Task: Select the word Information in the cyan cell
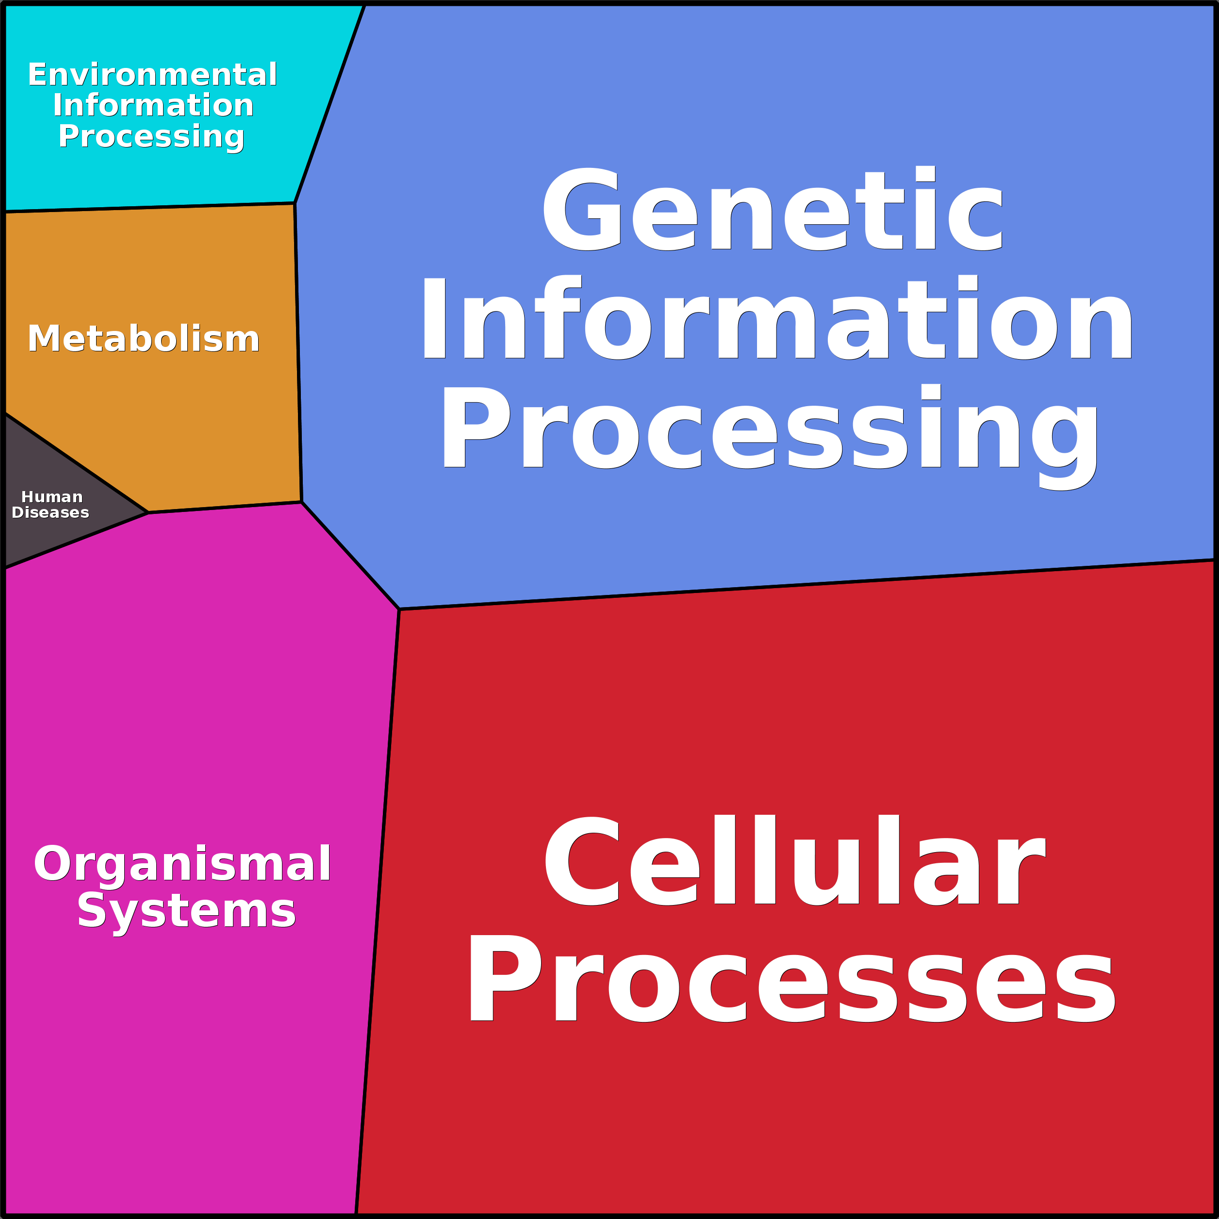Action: click(153, 105)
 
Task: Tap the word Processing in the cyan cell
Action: click(151, 137)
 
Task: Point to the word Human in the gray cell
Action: click(52, 497)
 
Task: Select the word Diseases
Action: click(50, 512)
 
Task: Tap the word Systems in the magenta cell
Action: click(187, 913)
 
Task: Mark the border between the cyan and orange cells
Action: click(149, 208)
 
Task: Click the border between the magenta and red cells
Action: click(378, 912)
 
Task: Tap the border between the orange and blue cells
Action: click(298, 353)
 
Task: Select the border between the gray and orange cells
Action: click(76, 463)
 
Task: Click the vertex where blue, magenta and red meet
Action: click(399, 609)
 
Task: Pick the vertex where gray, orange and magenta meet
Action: click(148, 513)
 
